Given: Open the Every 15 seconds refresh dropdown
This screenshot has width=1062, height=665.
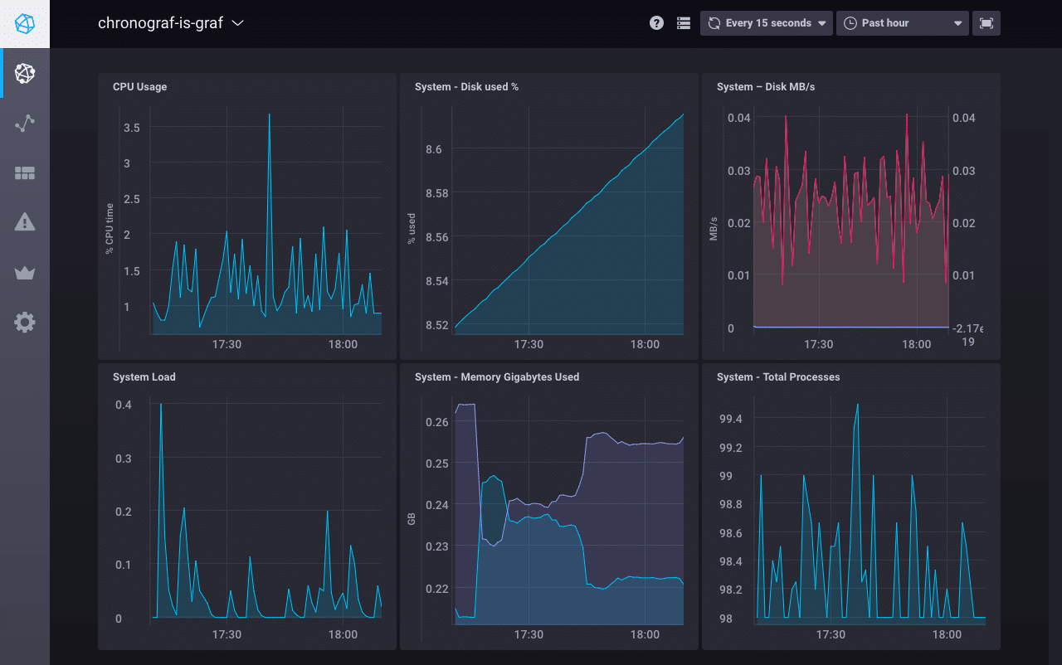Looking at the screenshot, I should [x=767, y=23].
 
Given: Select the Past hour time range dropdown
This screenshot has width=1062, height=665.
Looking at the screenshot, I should [x=902, y=23].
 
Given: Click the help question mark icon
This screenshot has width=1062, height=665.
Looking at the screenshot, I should [x=656, y=23].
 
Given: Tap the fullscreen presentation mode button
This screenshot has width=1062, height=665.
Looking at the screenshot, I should [x=986, y=23].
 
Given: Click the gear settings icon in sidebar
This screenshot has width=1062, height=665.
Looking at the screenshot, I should [x=25, y=322].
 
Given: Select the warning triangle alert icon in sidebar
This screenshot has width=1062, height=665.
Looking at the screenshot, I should [x=25, y=222].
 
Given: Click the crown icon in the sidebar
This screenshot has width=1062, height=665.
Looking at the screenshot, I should [x=25, y=272].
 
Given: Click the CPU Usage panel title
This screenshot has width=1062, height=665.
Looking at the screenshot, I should [x=139, y=87].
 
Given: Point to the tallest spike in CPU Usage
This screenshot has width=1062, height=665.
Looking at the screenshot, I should [x=269, y=115].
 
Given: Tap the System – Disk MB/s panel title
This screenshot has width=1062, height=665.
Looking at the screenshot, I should [x=765, y=87].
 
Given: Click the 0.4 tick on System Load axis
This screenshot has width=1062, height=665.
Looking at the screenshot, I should [x=124, y=405].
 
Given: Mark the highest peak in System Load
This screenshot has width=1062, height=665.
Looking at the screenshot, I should [x=161, y=405].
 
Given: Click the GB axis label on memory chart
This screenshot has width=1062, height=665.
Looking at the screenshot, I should [x=411, y=519].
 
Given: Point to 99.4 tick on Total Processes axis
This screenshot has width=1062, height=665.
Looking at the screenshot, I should [x=730, y=419].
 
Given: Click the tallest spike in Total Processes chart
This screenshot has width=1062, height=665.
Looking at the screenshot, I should [x=857, y=405].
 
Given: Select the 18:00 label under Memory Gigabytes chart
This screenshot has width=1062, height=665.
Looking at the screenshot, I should [x=645, y=634].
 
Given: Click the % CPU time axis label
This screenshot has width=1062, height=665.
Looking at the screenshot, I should [x=109, y=228].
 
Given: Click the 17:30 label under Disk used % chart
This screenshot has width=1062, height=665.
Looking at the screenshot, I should [x=529, y=344].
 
